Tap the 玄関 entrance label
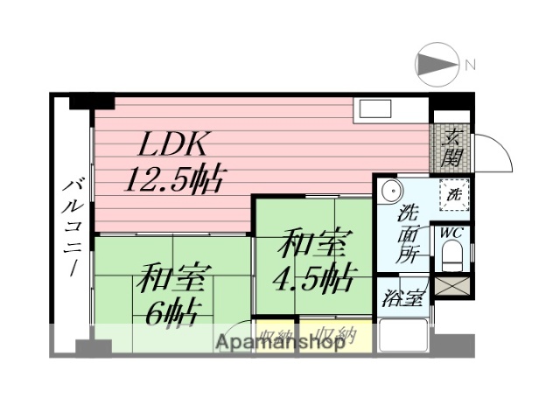(451, 149)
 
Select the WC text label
(451, 233)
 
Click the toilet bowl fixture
(451, 256)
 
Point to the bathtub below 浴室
(402, 336)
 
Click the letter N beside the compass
(470, 65)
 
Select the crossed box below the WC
(452, 283)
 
